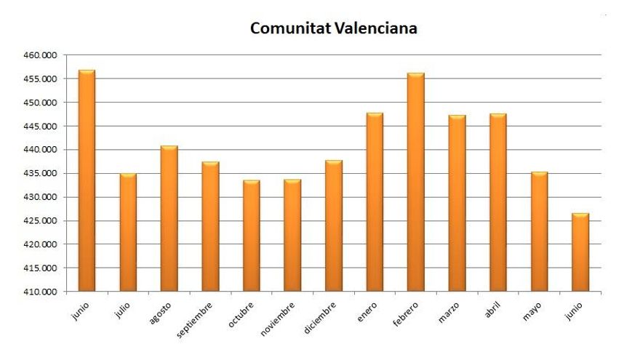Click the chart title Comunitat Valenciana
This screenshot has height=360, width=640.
click(x=333, y=28)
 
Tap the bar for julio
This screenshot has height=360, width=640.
click(x=128, y=232)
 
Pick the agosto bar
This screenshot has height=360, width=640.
click(x=169, y=218)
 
